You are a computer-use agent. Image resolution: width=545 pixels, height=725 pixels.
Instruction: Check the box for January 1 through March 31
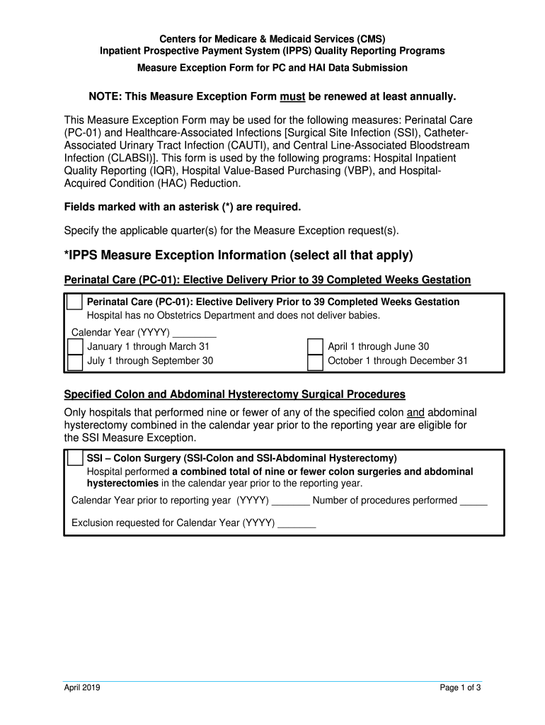coord(74,347)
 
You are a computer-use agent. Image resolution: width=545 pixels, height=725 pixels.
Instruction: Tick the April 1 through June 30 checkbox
coord(315,347)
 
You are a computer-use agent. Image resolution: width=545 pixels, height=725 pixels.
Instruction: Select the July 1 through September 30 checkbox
coord(74,362)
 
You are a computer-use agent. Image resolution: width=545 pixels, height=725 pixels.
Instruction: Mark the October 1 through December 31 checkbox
coord(315,362)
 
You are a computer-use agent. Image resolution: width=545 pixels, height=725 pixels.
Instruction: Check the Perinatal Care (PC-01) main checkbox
coord(74,302)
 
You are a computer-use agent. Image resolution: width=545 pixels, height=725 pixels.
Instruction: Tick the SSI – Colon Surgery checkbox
coord(74,458)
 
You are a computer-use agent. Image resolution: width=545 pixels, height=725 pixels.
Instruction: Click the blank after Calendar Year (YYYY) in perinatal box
coord(194,333)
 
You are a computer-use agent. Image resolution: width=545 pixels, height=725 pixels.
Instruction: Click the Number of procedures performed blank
coord(474,501)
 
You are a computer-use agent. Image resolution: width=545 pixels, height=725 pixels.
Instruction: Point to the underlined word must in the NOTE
coord(292,96)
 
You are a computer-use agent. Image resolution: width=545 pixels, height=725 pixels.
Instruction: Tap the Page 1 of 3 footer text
coord(460,687)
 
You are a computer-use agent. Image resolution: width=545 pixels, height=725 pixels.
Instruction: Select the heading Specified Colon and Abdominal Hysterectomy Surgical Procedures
coord(234,394)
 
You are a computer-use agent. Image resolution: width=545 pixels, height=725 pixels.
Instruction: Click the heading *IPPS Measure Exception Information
coord(239,255)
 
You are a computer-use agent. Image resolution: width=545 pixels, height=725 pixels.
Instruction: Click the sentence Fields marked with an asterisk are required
coord(183,207)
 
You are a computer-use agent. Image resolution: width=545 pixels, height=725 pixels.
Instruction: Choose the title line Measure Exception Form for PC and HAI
coord(272,68)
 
